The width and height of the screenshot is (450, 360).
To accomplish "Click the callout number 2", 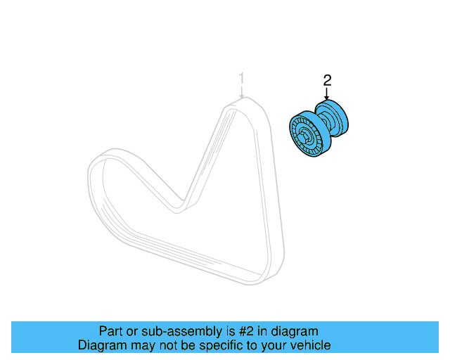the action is [x=326, y=81].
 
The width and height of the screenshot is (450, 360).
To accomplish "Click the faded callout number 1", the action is [x=241, y=77].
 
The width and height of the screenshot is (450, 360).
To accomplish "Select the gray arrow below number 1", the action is [x=241, y=91].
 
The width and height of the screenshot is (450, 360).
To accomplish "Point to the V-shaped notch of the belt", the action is [x=181, y=205].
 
